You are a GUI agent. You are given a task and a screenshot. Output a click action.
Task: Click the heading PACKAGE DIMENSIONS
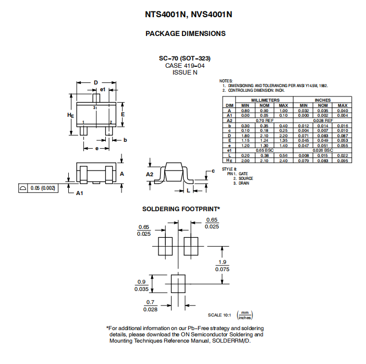pos(185,33)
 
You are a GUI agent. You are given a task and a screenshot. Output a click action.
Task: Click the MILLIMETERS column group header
pos(265,100)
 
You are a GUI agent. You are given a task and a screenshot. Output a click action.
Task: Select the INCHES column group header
pos(323,100)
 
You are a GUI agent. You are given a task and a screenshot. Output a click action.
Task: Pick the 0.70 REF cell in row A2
pos(265,120)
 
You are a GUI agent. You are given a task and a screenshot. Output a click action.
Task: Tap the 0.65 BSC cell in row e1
pos(265,150)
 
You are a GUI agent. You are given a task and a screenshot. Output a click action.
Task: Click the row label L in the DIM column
pos(229,155)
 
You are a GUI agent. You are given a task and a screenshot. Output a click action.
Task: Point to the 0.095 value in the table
pos(342,161)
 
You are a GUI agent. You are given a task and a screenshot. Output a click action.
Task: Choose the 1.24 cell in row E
pos(265,140)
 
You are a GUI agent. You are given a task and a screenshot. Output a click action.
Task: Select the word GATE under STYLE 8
pos(243,174)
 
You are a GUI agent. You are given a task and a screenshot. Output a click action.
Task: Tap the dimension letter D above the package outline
pos(96,82)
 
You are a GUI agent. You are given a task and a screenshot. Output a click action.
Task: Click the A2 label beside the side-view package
pos(150,174)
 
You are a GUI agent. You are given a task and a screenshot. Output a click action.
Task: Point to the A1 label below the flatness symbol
pos(80,193)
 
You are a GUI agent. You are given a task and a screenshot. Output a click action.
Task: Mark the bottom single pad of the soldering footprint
pos(178,283)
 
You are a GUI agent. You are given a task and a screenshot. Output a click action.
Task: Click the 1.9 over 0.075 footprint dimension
pos(222,265)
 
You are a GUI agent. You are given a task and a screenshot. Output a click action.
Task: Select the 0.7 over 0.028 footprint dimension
pos(151,306)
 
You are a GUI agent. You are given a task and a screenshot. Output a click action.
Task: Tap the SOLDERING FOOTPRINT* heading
pos(181,209)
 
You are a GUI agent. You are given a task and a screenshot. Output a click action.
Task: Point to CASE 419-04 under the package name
pos(185,66)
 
